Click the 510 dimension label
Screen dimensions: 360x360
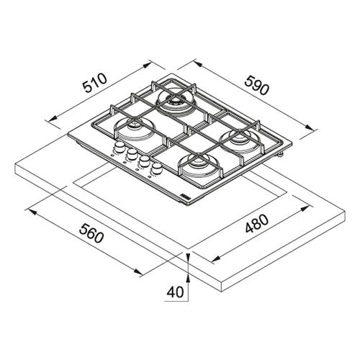(94, 83)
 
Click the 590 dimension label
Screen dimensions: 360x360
(256, 85)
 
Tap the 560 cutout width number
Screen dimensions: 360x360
(91, 233)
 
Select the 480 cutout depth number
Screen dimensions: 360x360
(256, 223)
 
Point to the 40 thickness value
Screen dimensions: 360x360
(175, 292)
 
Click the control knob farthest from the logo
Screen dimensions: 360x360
(119, 147)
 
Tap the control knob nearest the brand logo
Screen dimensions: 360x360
(157, 168)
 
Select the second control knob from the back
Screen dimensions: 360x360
(132, 154)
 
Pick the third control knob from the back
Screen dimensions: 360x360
(144, 161)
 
